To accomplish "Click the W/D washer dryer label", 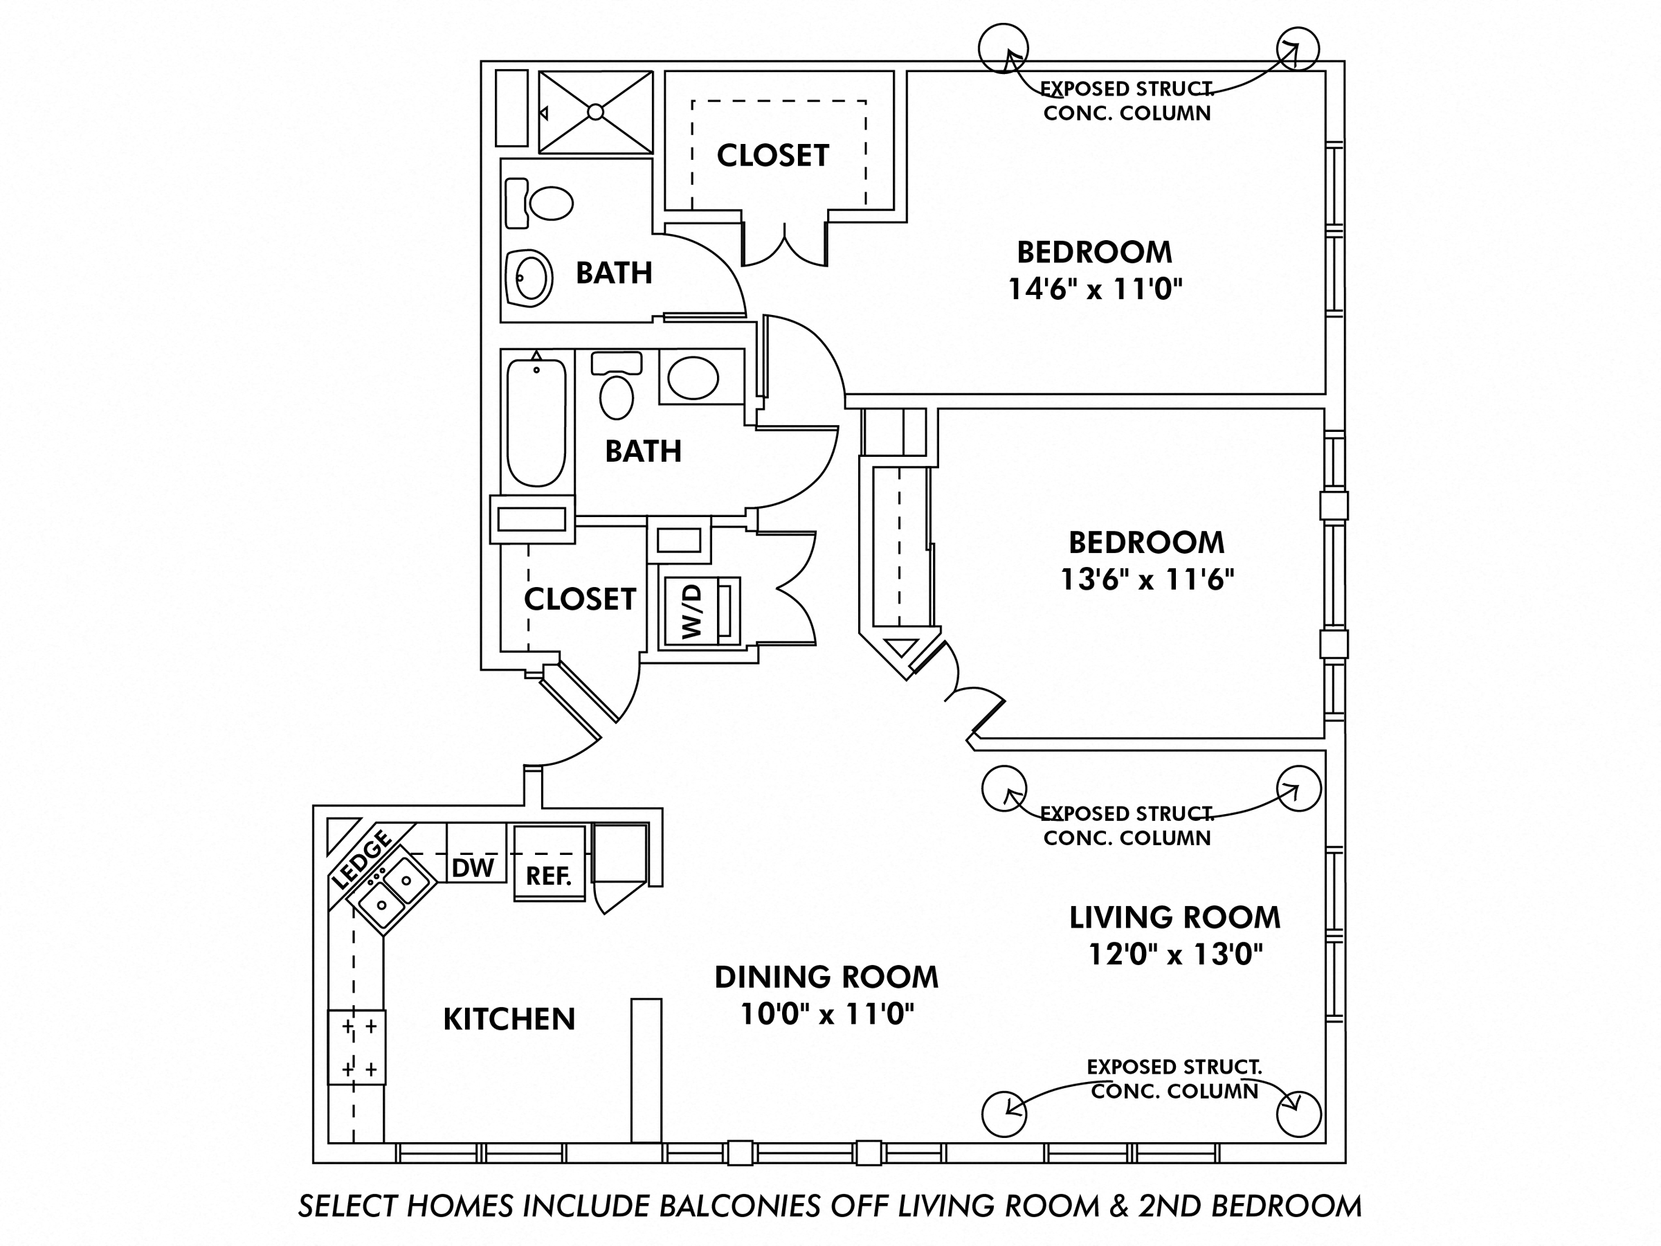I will [x=691, y=611].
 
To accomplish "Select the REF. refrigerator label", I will [x=549, y=876].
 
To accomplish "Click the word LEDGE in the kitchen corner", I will [x=363, y=859].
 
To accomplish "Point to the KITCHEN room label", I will [x=509, y=1019].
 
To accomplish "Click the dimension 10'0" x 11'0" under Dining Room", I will [x=827, y=1015].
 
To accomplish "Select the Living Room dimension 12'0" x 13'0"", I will [x=1175, y=955].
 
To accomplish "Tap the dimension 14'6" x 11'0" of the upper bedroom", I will [x=1094, y=289].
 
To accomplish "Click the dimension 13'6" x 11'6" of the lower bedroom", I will [x=1147, y=580].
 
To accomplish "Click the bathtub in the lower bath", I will [x=536, y=423].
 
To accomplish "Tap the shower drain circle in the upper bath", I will [x=595, y=112].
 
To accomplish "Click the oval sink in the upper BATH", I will [x=530, y=277].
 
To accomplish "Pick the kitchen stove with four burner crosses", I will [x=357, y=1047].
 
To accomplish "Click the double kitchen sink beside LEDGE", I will [x=394, y=892].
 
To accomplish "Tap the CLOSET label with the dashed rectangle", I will [x=772, y=156].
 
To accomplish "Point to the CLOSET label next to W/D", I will [x=580, y=599].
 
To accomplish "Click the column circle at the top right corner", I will [x=1297, y=49].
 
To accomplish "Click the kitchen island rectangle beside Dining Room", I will [x=646, y=1070].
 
